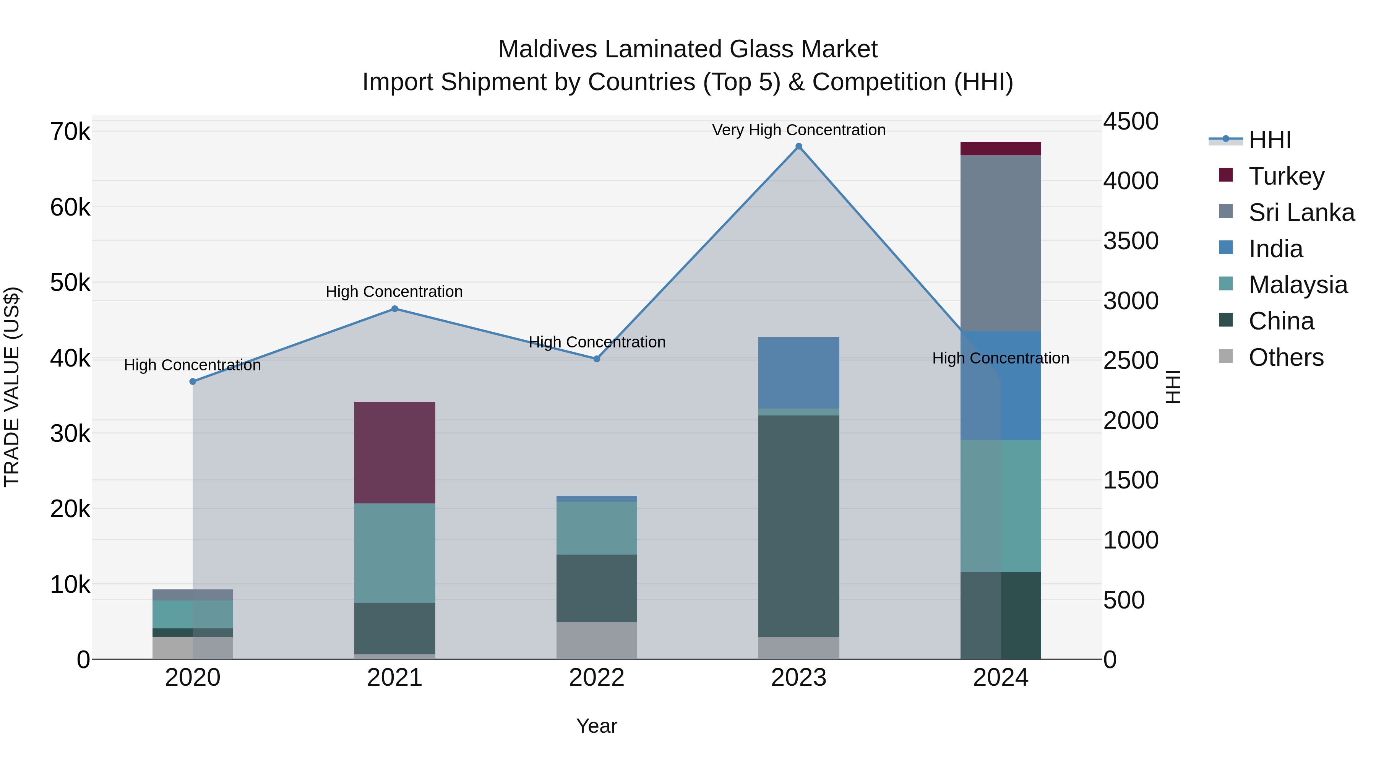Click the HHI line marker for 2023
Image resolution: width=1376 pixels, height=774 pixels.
coord(798,146)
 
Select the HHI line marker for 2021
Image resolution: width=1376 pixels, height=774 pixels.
coord(395,309)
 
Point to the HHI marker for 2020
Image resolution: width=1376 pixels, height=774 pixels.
coord(193,381)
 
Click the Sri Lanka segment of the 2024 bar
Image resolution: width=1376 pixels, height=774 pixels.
coord(1001,243)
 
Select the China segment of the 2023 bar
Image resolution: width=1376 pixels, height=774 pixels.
coord(798,526)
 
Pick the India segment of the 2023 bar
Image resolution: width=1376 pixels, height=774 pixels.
coord(798,372)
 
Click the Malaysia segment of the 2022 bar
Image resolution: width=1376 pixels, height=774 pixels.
coord(597,528)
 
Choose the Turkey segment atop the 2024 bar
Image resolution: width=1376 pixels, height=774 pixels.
coord(1001,149)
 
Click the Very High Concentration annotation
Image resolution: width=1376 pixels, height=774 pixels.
coord(798,130)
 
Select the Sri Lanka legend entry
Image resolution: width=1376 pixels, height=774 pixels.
coord(1301,213)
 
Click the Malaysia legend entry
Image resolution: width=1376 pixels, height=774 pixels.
coord(1298,285)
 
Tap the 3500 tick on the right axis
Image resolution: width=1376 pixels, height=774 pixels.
coord(1131,241)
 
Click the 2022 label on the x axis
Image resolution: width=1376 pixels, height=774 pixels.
coord(597,678)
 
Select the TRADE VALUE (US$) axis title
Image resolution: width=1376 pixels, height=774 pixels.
coord(12,387)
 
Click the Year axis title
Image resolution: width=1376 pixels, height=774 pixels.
coord(597,726)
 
